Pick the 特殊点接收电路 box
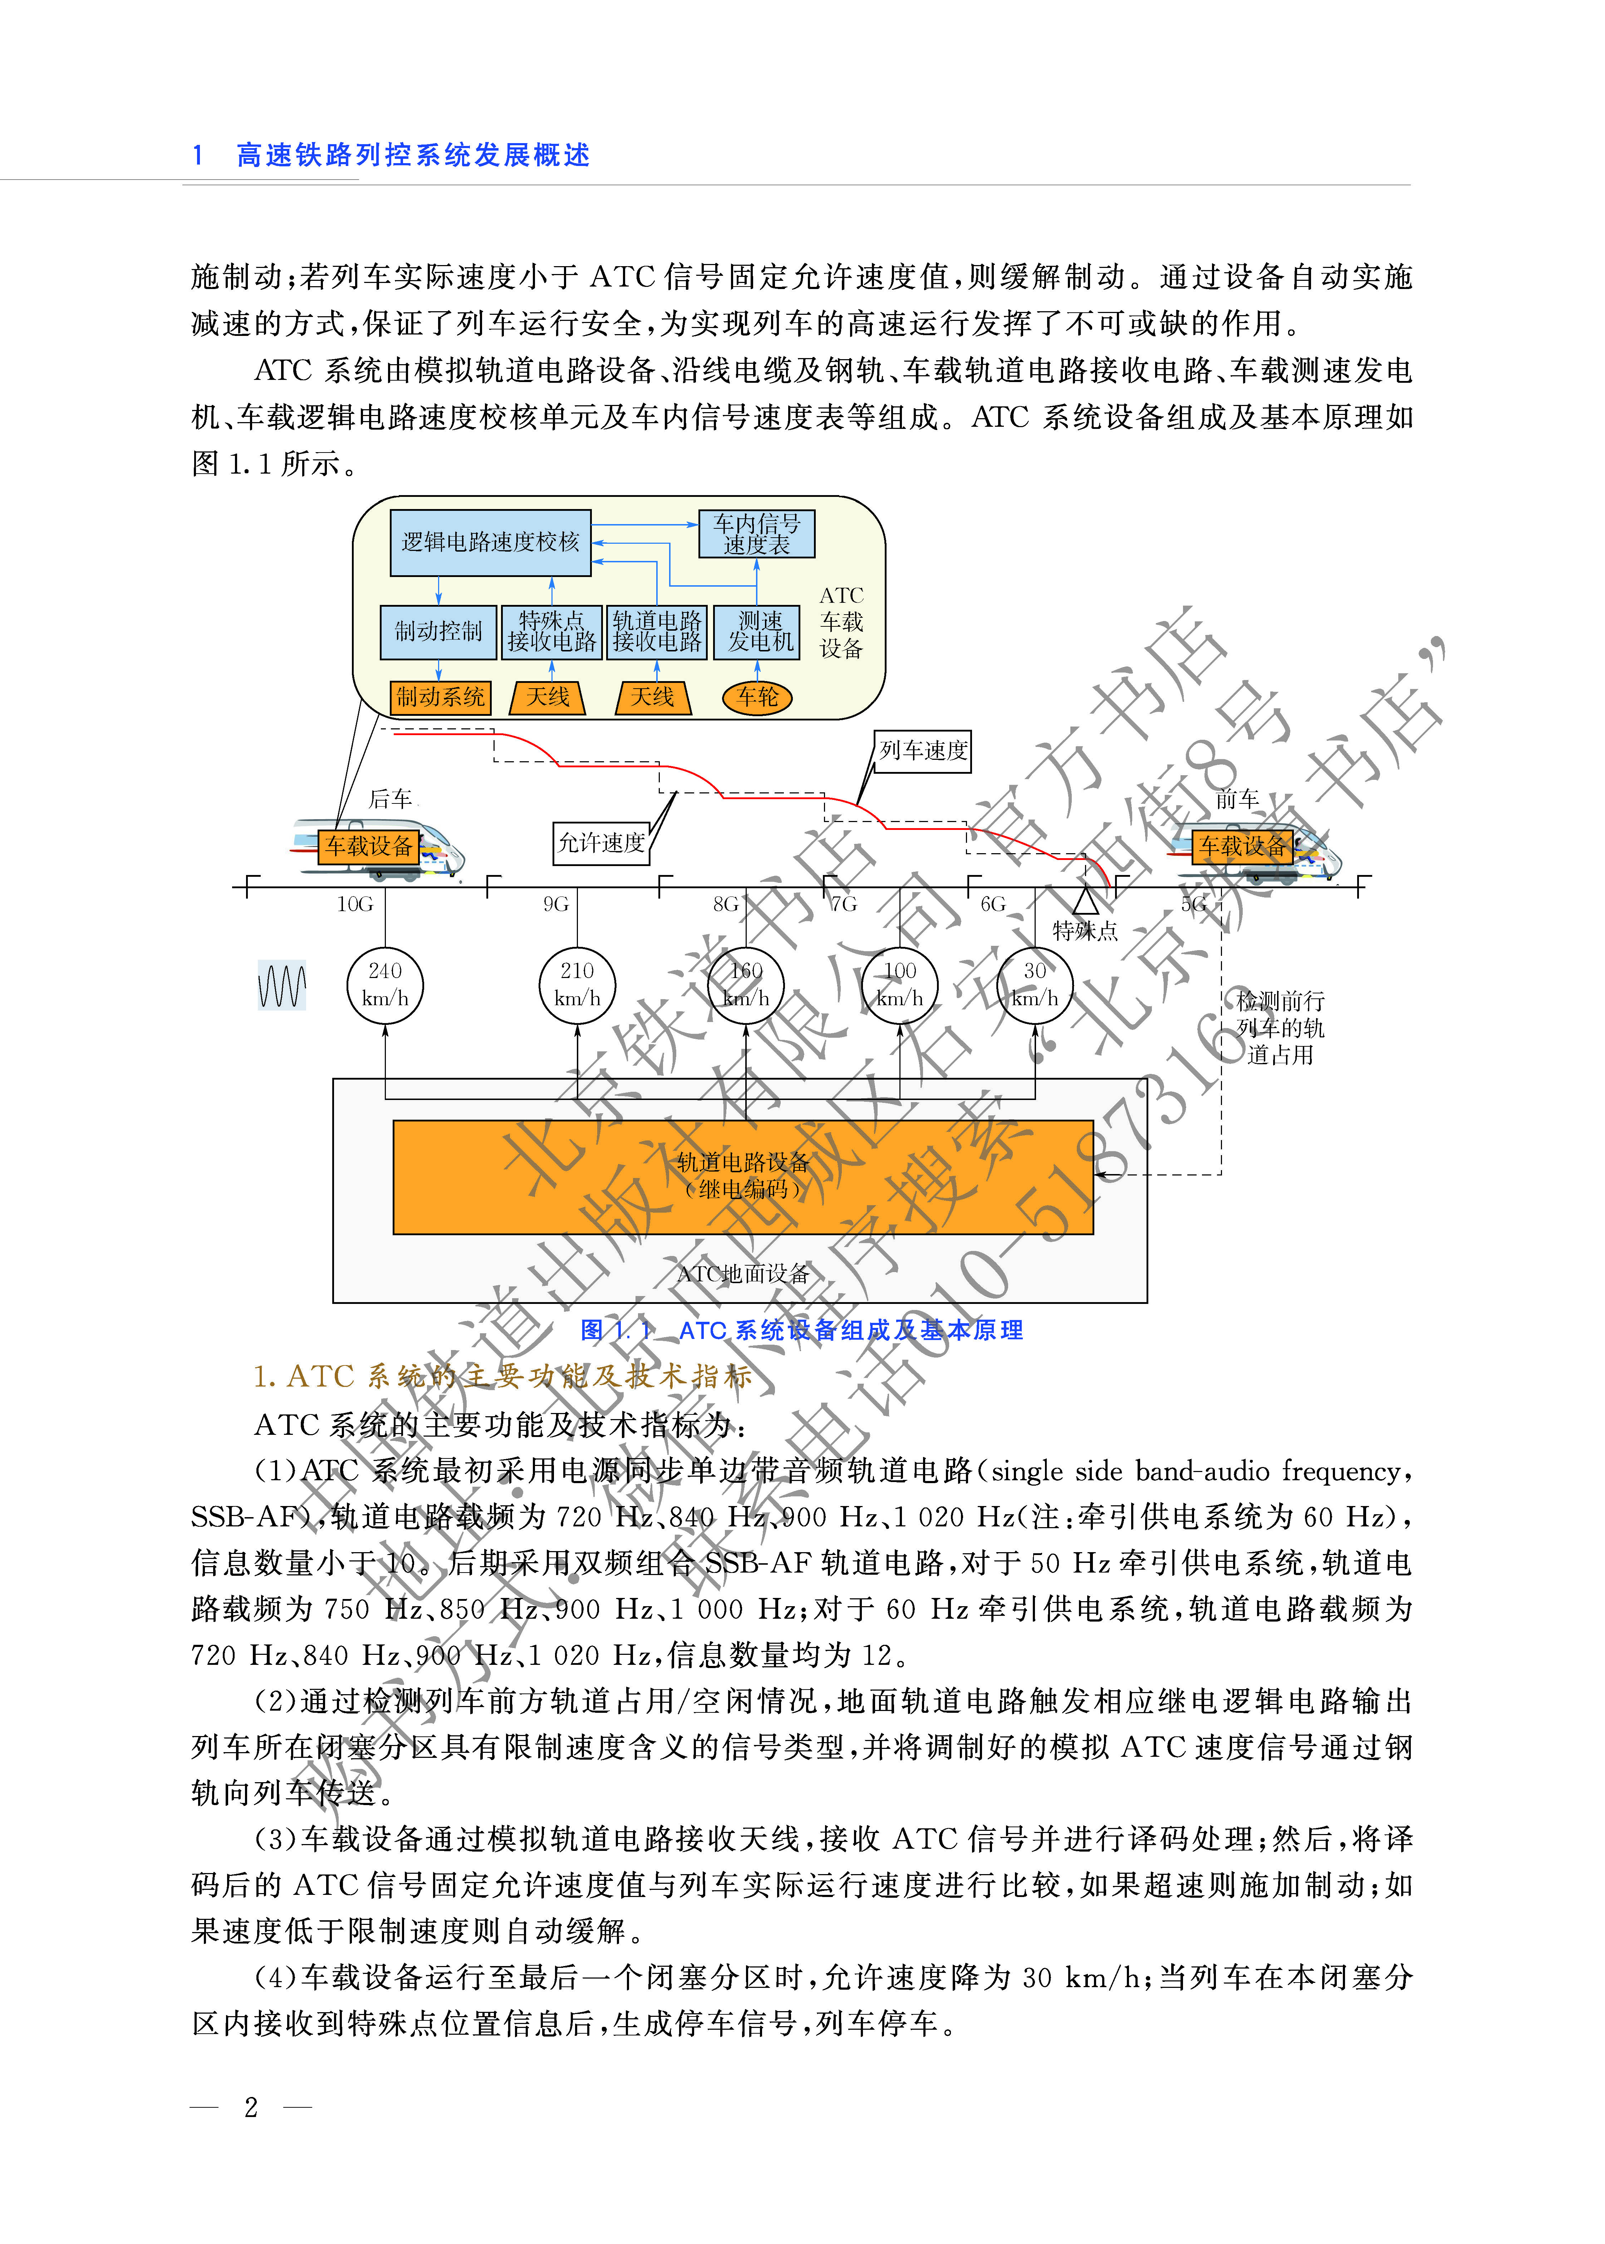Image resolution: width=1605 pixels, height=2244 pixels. pos(551,632)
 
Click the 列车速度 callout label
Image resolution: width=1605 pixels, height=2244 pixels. pos(923,751)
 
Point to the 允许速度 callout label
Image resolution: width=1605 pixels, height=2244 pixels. pos(601,843)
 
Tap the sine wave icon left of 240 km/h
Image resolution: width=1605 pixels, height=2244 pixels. pos(282,986)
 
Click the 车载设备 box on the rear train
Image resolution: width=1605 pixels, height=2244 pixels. pos(369,846)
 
